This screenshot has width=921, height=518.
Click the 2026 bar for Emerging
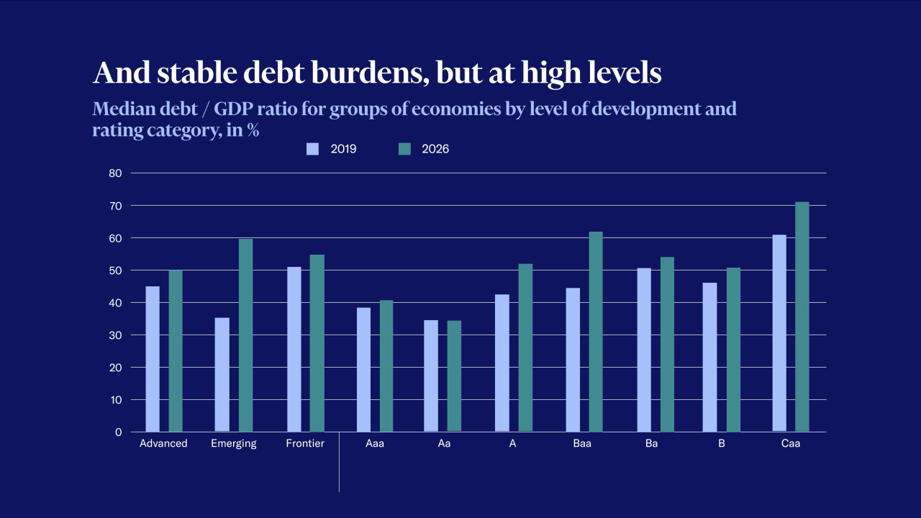pos(245,335)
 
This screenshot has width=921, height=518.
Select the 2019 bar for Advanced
pos(153,359)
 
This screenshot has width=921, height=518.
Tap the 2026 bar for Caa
pos(802,317)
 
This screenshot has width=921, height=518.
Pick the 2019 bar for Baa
pos(573,360)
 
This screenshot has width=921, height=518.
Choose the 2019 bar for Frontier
pos(294,350)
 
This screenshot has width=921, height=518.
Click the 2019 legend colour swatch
pos(312,149)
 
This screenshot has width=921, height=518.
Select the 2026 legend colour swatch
pos(404,149)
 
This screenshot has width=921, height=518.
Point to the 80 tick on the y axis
pos(116,173)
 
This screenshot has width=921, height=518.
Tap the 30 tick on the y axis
pos(116,335)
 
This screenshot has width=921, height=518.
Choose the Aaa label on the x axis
pos(374,444)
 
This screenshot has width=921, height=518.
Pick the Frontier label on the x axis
pos(305,444)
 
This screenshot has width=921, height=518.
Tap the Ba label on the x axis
pos(651,444)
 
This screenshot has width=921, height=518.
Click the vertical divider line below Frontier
pos(339,468)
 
